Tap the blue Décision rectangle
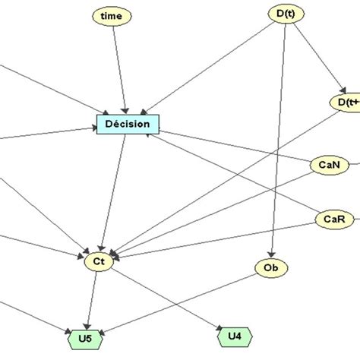128,123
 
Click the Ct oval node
99,261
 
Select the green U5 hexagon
89,336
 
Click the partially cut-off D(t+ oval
345,101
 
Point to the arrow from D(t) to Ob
277,137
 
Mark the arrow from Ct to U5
93,298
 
